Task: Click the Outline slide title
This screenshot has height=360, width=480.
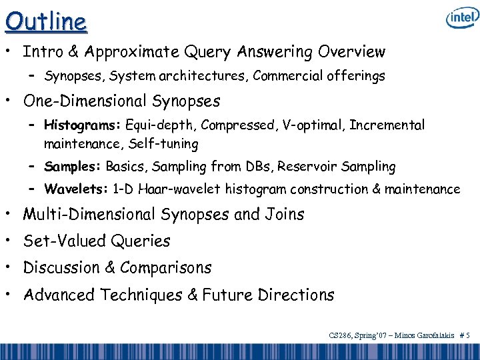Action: (x=46, y=21)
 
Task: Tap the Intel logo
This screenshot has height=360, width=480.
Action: (x=461, y=19)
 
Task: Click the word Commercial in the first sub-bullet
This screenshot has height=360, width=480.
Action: (x=288, y=77)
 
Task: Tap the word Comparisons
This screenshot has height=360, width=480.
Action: (x=166, y=268)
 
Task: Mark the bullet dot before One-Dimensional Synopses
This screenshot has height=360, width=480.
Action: (x=10, y=101)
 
